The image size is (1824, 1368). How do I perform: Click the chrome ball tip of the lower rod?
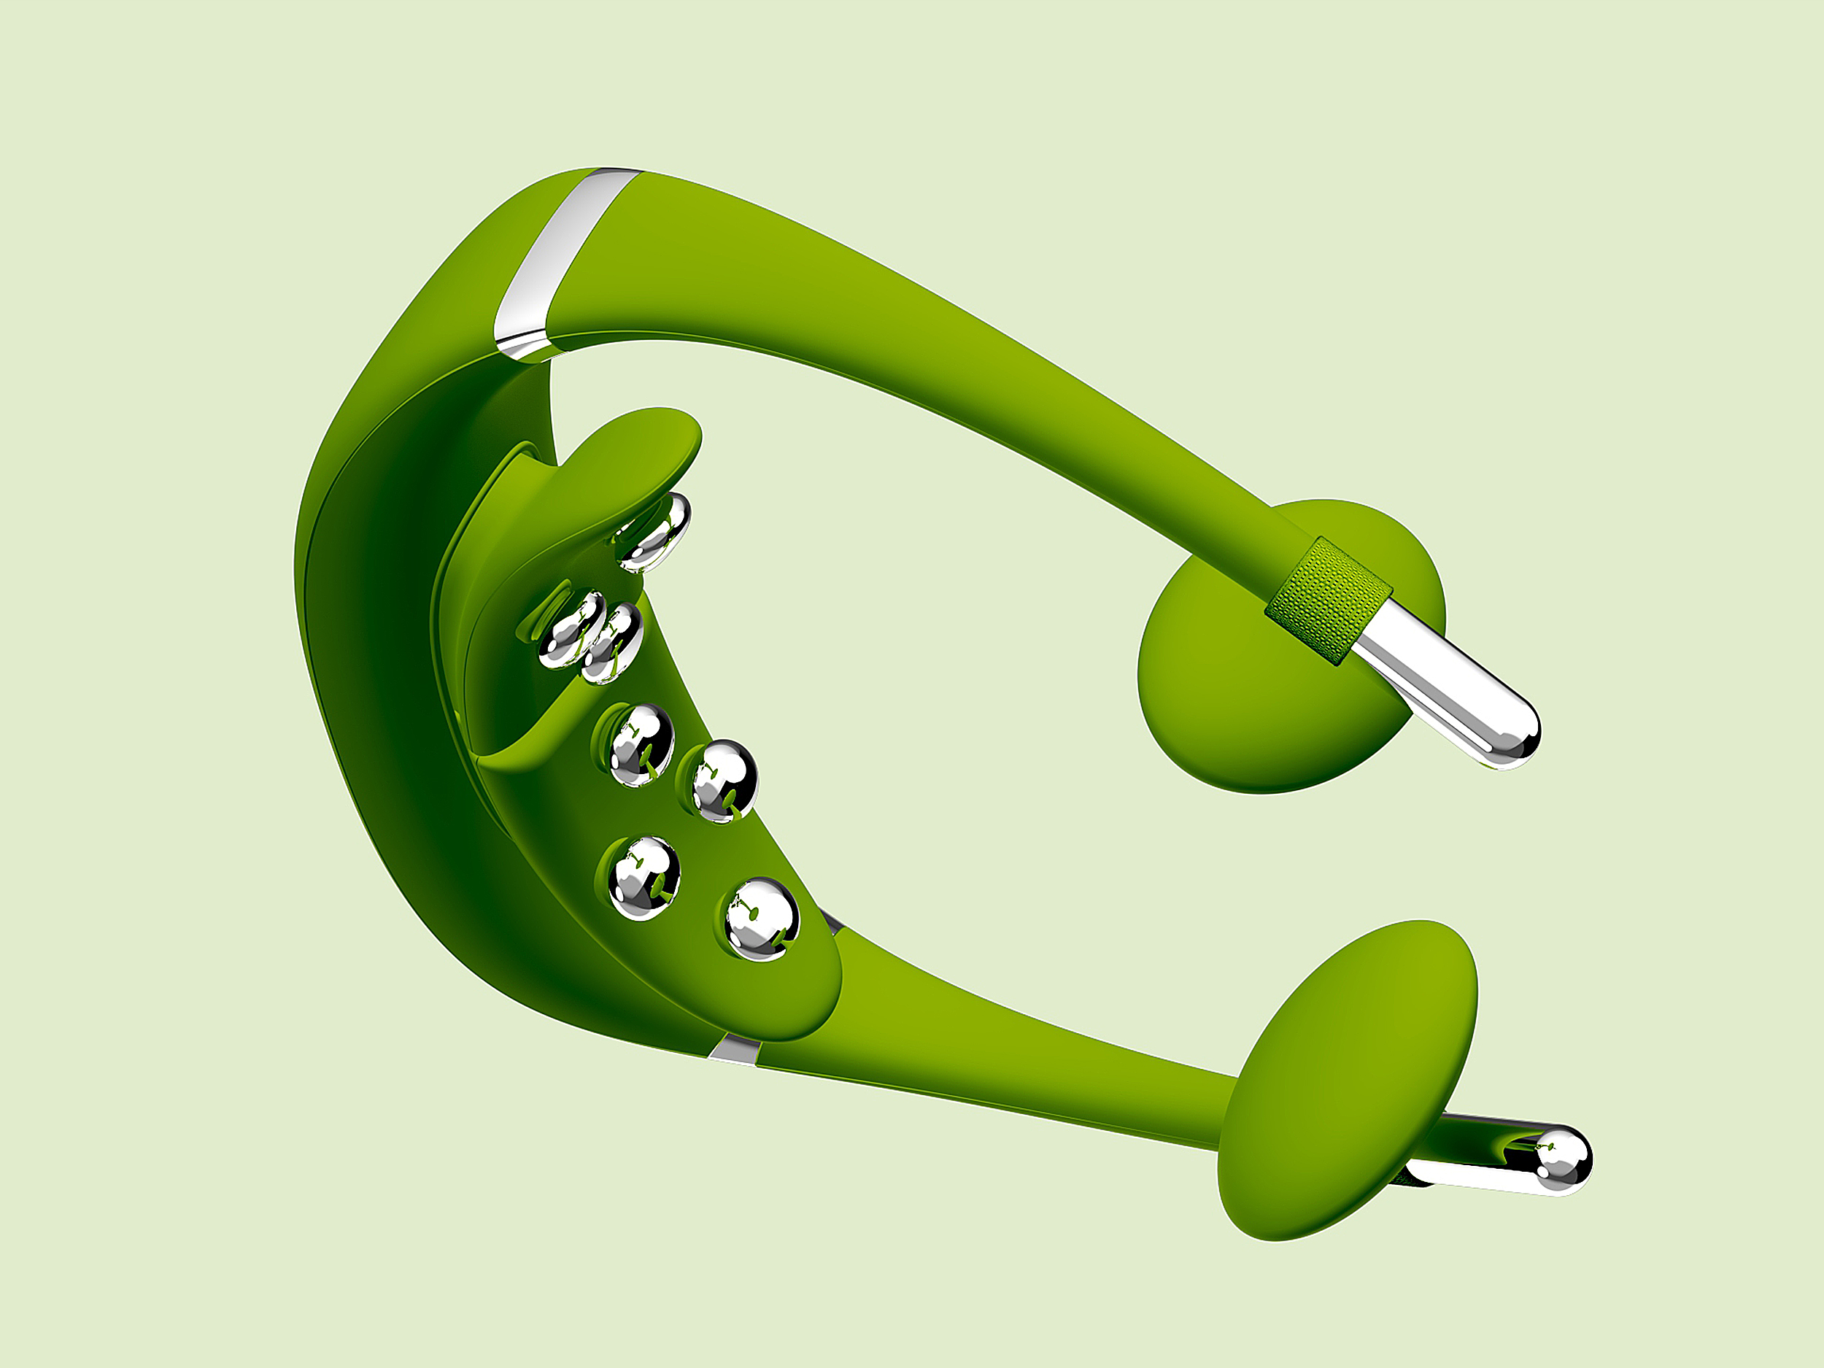click(1564, 1158)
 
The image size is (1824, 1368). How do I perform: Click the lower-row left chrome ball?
click(644, 878)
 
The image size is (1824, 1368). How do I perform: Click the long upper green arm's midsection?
click(948, 347)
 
